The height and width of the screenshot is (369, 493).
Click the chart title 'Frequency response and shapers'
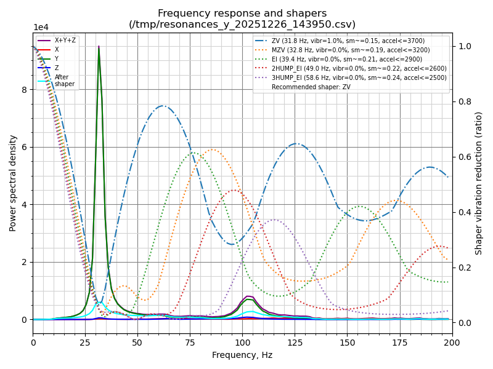coord(242,14)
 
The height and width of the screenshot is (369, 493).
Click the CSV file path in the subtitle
coord(242,25)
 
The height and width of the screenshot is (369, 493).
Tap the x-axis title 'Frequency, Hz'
coord(242,355)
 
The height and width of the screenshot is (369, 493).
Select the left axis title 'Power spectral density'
coord(13,183)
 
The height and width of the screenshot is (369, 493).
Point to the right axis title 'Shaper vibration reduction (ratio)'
coord(479,183)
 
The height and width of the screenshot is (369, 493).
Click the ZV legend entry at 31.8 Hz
coord(348,41)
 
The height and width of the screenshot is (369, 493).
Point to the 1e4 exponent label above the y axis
coord(41,28)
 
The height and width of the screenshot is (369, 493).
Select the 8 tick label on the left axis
coord(25,90)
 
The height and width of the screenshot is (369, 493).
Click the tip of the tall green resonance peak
coord(99,47)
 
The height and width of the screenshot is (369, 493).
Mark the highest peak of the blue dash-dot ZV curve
coord(163,106)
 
